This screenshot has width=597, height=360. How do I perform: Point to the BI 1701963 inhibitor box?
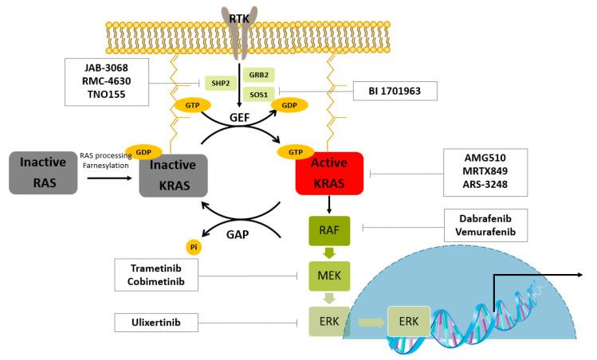[x=395, y=92]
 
